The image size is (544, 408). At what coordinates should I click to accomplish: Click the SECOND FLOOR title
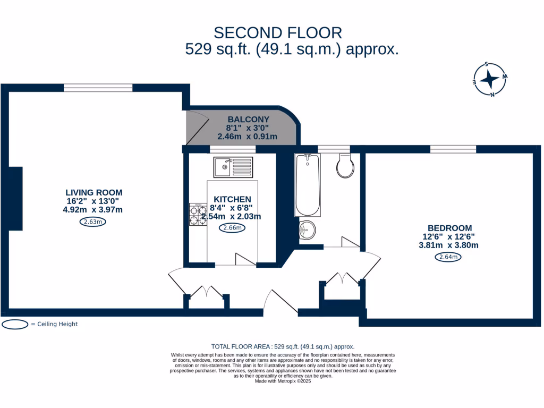tap(277, 33)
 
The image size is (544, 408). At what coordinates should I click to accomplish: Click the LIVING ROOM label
tap(93, 192)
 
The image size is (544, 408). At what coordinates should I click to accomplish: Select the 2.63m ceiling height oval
tap(92, 222)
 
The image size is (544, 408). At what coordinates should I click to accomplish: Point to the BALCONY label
tap(249, 120)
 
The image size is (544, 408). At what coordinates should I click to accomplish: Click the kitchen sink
tap(233, 167)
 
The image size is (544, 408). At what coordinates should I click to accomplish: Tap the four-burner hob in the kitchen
tap(198, 215)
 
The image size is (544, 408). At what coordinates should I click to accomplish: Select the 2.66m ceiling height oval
tap(232, 228)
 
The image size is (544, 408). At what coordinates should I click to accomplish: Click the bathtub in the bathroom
tap(308, 185)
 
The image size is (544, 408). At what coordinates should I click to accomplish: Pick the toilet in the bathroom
tap(345, 166)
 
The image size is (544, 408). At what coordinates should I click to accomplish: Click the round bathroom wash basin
tap(307, 230)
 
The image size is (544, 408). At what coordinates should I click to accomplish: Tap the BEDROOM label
tap(449, 228)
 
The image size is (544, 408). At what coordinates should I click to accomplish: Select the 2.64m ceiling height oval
tap(448, 257)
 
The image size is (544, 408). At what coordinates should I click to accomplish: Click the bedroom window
tap(453, 149)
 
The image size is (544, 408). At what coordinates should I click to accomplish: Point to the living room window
tap(98, 88)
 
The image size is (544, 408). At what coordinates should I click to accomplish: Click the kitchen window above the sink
tap(233, 149)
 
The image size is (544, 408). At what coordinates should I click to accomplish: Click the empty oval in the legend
tap(15, 325)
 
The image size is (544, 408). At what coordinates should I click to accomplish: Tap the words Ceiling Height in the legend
tap(57, 324)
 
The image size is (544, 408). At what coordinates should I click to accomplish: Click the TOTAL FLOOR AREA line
tap(283, 346)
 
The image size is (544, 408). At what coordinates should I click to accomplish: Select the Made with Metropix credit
tap(283, 381)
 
